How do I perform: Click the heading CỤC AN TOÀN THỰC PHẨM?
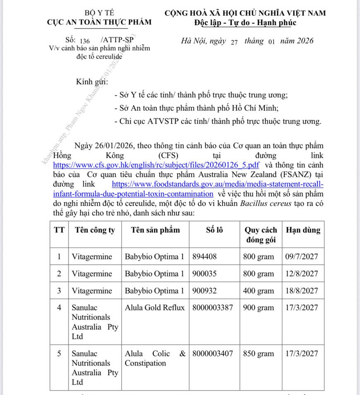[x=99, y=22]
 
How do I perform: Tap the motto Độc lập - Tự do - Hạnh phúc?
[x=245, y=22]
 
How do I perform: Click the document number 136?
[x=84, y=41]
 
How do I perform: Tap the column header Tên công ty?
[x=95, y=230]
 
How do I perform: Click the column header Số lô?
[x=214, y=230]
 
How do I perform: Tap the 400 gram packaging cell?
[x=258, y=291]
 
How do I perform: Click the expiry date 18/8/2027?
[x=302, y=291]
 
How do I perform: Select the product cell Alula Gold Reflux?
[x=155, y=308]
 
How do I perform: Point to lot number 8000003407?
[x=213, y=354]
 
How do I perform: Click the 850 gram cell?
[x=258, y=354]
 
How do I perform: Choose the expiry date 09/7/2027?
[x=302, y=256]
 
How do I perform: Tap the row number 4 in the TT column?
[x=60, y=308]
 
